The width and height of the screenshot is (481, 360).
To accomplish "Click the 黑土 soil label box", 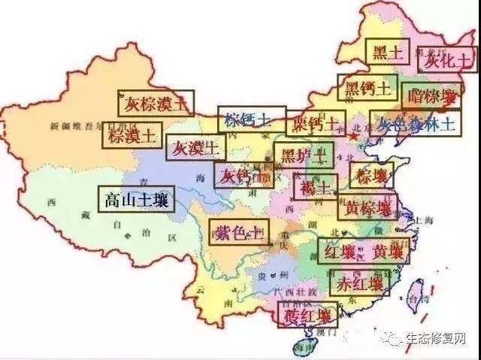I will click(388, 52).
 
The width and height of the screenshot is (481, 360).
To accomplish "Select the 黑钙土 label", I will click(367, 88).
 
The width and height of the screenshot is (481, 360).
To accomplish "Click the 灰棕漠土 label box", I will click(156, 103).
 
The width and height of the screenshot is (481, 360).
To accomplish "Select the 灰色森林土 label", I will click(416, 123).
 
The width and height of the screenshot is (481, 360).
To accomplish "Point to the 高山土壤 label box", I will click(136, 200).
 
